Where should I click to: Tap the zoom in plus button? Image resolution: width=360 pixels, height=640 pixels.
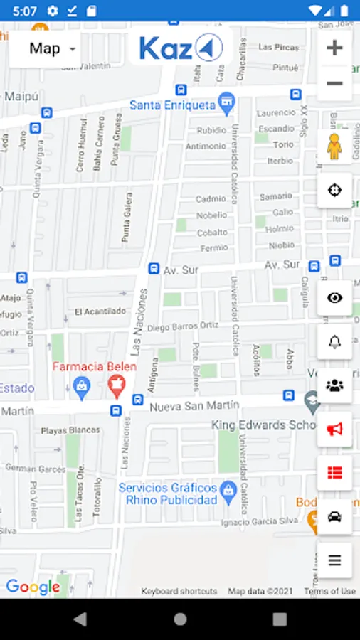334,48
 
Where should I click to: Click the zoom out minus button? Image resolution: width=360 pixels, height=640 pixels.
334,84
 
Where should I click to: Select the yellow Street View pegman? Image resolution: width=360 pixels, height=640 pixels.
334,146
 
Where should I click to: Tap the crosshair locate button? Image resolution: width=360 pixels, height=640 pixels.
334,190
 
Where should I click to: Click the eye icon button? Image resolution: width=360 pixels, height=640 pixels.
334,297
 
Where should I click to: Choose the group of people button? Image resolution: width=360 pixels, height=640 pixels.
334,385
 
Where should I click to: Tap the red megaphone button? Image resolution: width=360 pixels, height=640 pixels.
334,429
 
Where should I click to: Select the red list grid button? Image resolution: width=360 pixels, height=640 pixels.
334,473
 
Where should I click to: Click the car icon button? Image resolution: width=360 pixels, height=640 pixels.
334,516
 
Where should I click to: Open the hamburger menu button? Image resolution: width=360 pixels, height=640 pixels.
334,560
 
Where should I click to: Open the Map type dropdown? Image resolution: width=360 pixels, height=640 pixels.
45,49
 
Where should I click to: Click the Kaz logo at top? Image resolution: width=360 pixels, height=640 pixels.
181,48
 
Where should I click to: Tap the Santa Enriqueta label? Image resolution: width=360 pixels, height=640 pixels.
172,105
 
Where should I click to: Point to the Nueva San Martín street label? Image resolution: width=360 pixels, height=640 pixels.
194,405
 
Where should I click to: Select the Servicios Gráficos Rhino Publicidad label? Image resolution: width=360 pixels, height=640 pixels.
167,494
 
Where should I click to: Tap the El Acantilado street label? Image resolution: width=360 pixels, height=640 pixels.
100,311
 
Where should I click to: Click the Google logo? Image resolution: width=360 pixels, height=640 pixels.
32,587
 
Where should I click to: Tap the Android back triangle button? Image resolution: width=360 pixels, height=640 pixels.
80,619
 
